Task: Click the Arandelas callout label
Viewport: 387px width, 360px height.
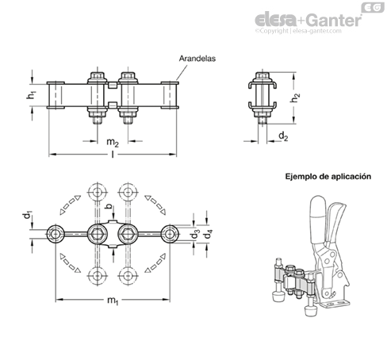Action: [x=197, y=59]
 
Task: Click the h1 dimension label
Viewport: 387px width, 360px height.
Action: [x=31, y=95]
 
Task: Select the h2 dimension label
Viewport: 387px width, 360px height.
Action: [x=295, y=98]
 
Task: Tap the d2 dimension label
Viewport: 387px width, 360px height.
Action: [x=283, y=136]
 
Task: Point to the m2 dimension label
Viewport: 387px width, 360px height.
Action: [x=113, y=142]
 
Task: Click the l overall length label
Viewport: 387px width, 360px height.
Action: [x=113, y=154]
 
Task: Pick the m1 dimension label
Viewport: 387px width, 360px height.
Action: [x=113, y=301]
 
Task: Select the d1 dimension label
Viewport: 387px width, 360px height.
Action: [x=27, y=215]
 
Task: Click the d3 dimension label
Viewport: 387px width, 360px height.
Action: [x=195, y=234]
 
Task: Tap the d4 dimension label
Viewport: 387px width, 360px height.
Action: [x=209, y=234]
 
